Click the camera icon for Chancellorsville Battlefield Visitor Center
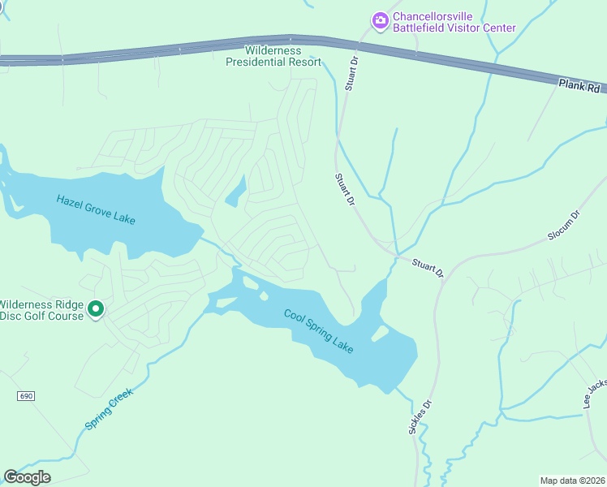coord(379,19)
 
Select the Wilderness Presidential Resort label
coord(273,56)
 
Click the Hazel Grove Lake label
coord(96,210)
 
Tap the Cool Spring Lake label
coord(319,330)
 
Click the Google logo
coord(27,477)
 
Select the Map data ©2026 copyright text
coord(572,480)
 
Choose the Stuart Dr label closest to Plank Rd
coord(351,74)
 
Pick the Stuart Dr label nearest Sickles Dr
coord(427,269)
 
